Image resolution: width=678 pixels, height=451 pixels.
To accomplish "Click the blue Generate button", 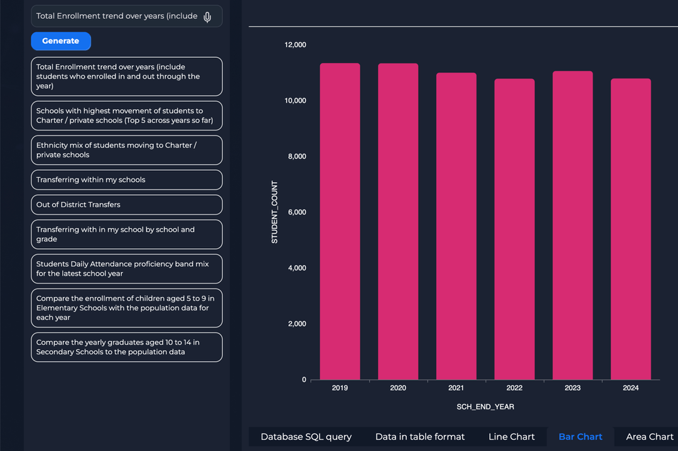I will tap(61, 41).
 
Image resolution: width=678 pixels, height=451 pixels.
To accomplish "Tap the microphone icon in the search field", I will tap(208, 16).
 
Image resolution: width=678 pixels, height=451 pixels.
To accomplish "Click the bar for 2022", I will tap(515, 229).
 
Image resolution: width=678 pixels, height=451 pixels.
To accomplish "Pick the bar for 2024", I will tap(631, 229).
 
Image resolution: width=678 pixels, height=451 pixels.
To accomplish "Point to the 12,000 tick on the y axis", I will tap(296, 45).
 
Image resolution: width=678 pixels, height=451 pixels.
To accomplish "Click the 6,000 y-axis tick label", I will tap(296, 212).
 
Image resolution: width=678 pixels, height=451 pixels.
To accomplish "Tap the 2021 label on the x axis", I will tap(456, 388).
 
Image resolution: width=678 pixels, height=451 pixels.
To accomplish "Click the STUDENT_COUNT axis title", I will tap(275, 212).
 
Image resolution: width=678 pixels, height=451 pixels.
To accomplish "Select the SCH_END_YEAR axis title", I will tap(485, 407).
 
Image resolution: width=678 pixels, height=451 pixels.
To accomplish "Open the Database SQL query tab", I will tap(306, 437).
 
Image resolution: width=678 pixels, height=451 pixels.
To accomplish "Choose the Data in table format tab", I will tap(420, 437).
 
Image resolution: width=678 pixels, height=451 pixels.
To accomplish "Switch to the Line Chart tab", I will tap(512, 437).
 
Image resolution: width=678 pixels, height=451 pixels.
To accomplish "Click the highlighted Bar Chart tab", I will tap(580, 437).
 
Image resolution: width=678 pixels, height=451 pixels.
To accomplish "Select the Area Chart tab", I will tap(650, 437).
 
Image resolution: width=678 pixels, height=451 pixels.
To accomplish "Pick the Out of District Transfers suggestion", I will tap(127, 205).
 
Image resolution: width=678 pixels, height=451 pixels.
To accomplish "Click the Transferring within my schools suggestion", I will tap(127, 180).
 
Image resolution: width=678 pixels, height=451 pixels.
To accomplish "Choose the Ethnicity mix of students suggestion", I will tap(127, 150).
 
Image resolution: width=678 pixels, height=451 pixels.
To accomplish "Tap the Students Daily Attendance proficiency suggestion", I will tap(127, 269).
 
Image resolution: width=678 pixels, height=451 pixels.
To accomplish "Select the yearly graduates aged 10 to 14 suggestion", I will tap(127, 347).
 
